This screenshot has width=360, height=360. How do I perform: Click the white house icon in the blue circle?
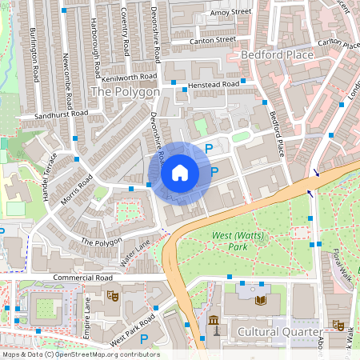(179, 172)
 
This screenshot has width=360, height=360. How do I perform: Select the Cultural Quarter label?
(279, 331)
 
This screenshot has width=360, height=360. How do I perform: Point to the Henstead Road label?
(214, 84)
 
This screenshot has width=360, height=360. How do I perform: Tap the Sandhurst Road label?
(49, 116)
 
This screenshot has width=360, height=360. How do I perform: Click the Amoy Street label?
(230, 13)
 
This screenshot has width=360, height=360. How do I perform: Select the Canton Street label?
(214, 39)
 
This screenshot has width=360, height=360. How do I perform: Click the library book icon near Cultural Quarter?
(260, 300)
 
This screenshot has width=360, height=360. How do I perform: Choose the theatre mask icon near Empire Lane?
(113, 296)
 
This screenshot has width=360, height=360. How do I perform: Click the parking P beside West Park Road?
(144, 339)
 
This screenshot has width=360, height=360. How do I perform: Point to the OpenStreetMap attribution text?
(80, 354)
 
